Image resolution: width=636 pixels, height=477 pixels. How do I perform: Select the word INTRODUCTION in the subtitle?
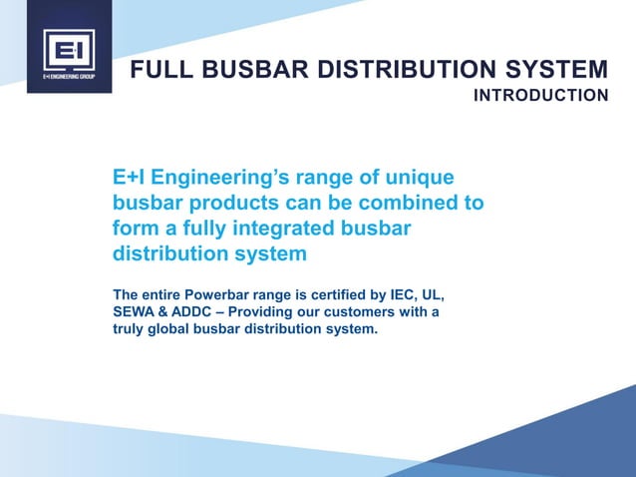(x=540, y=96)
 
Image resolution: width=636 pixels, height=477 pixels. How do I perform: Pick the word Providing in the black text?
(x=274, y=313)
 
